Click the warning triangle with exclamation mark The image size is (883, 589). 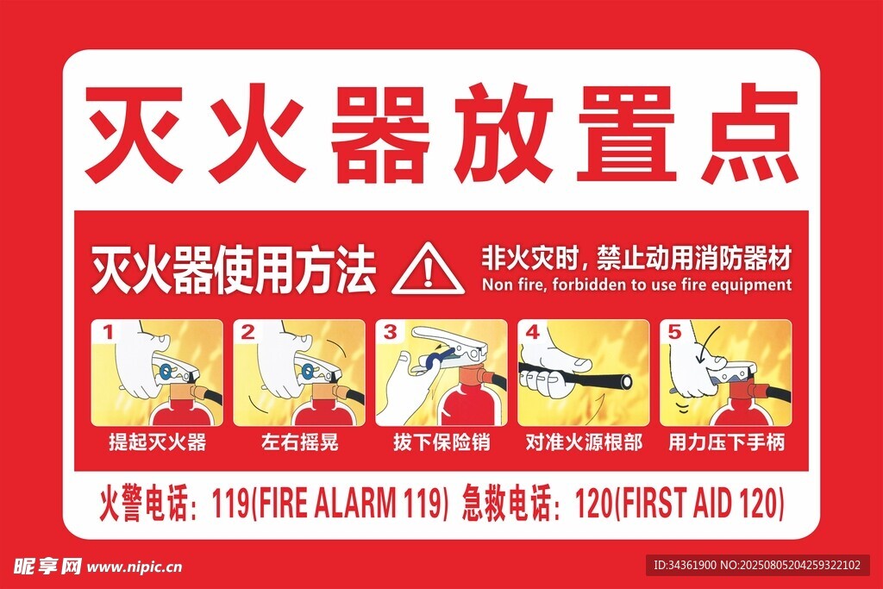(x=428, y=269)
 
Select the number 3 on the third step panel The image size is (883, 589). (x=390, y=332)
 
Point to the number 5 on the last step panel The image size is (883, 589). (x=674, y=332)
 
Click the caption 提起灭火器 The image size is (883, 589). (x=158, y=442)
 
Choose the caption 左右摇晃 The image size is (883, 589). (x=299, y=442)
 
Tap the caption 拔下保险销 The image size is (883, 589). (x=441, y=442)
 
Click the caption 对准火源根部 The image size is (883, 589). (x=584, y=442)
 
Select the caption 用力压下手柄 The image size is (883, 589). (x=726, y=442)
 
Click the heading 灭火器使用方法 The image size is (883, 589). (x=233, y=269)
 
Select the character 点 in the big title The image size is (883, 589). (x=752, y=134)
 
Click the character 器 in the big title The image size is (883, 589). (x=380, y=134)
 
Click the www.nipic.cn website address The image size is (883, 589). (x=134, y=567)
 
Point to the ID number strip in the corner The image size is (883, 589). (x=757, y=565)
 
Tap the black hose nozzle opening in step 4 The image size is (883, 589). (x=626, y=381)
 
